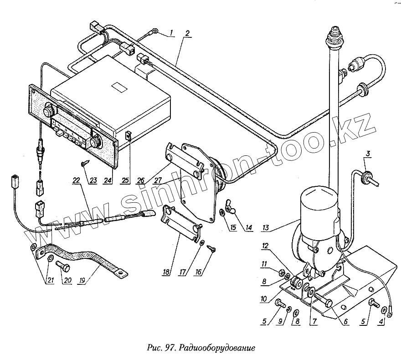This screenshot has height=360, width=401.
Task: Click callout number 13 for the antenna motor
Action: pyautogui.click(x=266, y=227)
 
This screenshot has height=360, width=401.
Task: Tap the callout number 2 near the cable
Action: pyautogui.click(x=187, y=34)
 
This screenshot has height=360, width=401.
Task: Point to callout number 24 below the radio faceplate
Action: pyautogui.click(x=108, y=180)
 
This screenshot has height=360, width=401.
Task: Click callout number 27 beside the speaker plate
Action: pyautogui.click(x=158, y=180)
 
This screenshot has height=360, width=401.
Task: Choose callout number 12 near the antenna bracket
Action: pyautogui.click(x=265, y=246)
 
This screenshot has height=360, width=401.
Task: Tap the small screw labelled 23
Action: pyautogui.click(x=85, y=162)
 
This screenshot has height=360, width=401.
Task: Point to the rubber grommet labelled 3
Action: pyautogui.click(x=366, y=176)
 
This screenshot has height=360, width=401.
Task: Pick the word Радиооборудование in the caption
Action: pyautogui.click(x=216, y=348)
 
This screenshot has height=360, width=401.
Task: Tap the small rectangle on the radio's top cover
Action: pyautogui.click(x=119, y=87)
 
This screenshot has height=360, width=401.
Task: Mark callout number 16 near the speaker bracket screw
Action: pyautogui.click(x=199, y=272)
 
